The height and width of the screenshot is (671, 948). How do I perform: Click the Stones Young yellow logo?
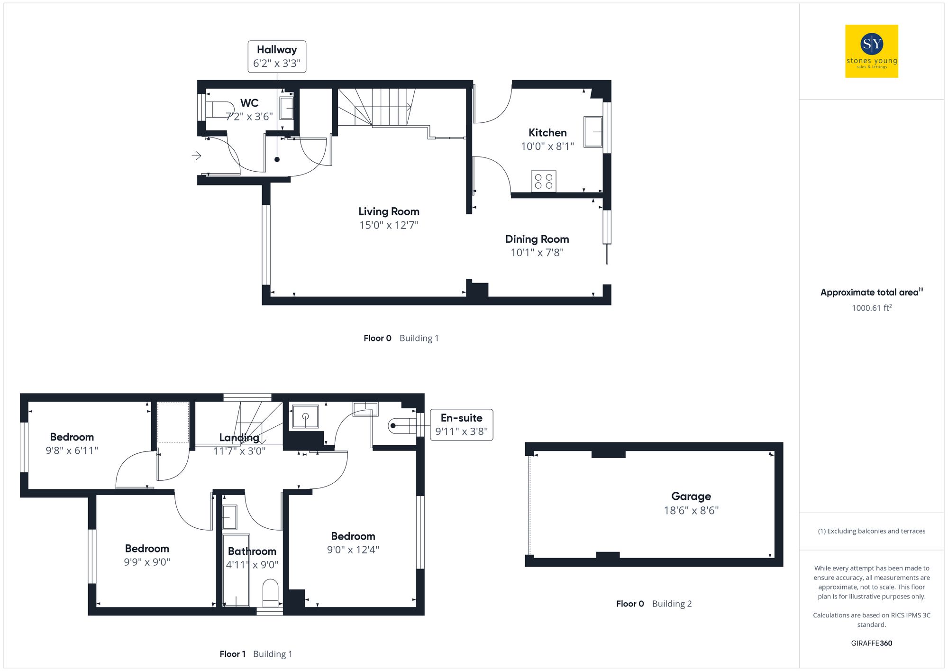point(871,51)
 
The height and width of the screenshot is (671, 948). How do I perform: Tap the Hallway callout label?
point(277,56)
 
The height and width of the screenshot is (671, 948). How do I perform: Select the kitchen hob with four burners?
point(543,181)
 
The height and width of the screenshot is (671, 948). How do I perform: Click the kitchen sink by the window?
point(592,132)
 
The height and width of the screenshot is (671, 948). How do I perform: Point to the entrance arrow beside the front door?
point(196,156)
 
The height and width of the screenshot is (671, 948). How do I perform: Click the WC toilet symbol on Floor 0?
point(219,110)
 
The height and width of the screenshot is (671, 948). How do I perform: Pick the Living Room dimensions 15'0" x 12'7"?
point(389,225)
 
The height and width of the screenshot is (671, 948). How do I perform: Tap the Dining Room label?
point(537,239)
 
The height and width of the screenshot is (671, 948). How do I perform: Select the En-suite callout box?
point(461,425)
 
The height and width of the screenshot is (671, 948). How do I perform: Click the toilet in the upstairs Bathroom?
point(271,593)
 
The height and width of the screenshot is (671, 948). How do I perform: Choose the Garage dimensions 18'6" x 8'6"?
point(691,511)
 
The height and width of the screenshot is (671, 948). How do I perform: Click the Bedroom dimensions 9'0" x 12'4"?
point(353,550)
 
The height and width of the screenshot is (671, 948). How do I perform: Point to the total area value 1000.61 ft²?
point(871,308)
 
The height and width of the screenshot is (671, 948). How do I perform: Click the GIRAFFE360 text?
point(871,643)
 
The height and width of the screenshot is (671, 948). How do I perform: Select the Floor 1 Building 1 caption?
point(256,654)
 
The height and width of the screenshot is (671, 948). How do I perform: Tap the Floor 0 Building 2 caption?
point(654,604)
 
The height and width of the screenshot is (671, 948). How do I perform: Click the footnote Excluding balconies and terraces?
point(871,531)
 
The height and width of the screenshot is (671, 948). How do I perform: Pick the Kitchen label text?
point(547,133)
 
